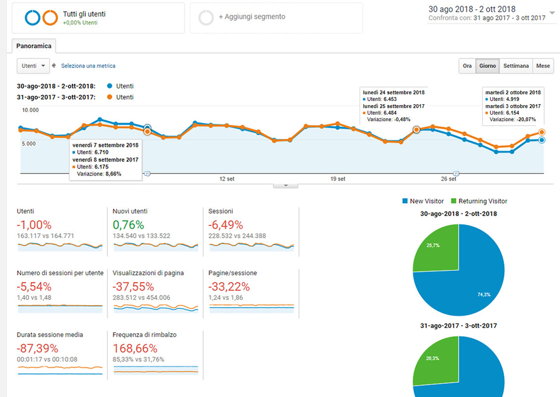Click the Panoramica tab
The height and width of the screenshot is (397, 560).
click(34, 46)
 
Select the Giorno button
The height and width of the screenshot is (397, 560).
click(487, 66)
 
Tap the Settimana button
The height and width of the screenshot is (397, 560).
click(516, 66)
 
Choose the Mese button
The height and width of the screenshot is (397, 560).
click(543, 66)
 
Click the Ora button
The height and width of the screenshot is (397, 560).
click(467, 66)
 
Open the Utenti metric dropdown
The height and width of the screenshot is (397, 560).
click(33, 66)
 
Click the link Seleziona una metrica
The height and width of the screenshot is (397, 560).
click(88, 66)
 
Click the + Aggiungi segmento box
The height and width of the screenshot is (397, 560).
click(276, 17)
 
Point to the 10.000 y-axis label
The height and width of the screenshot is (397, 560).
click(27, 110)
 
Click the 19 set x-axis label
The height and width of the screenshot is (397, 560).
click(338, 179)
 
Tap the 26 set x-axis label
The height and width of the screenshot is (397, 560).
click(448, 179)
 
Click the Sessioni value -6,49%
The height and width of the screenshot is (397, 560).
click(226, 225)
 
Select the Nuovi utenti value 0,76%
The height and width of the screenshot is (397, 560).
click(128, 225)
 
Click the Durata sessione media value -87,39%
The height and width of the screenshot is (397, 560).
click(37, 348)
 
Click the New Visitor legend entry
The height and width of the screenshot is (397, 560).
click(423, 201)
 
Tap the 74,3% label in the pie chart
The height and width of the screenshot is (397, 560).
click(484, 294)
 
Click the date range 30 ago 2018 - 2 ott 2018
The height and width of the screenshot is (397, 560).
click(471, 9)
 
